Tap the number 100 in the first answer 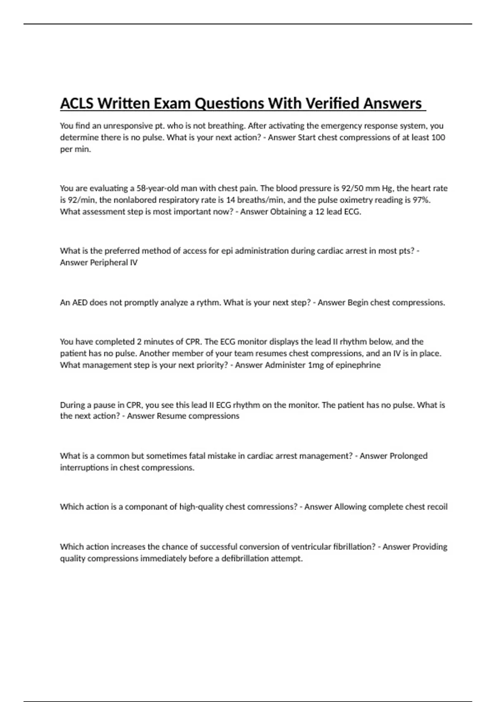coord(438,138)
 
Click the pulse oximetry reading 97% coord(421,200)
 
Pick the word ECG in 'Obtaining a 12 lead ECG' coord(352,212)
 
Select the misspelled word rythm coord(209,303)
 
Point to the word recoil coord(435,507)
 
